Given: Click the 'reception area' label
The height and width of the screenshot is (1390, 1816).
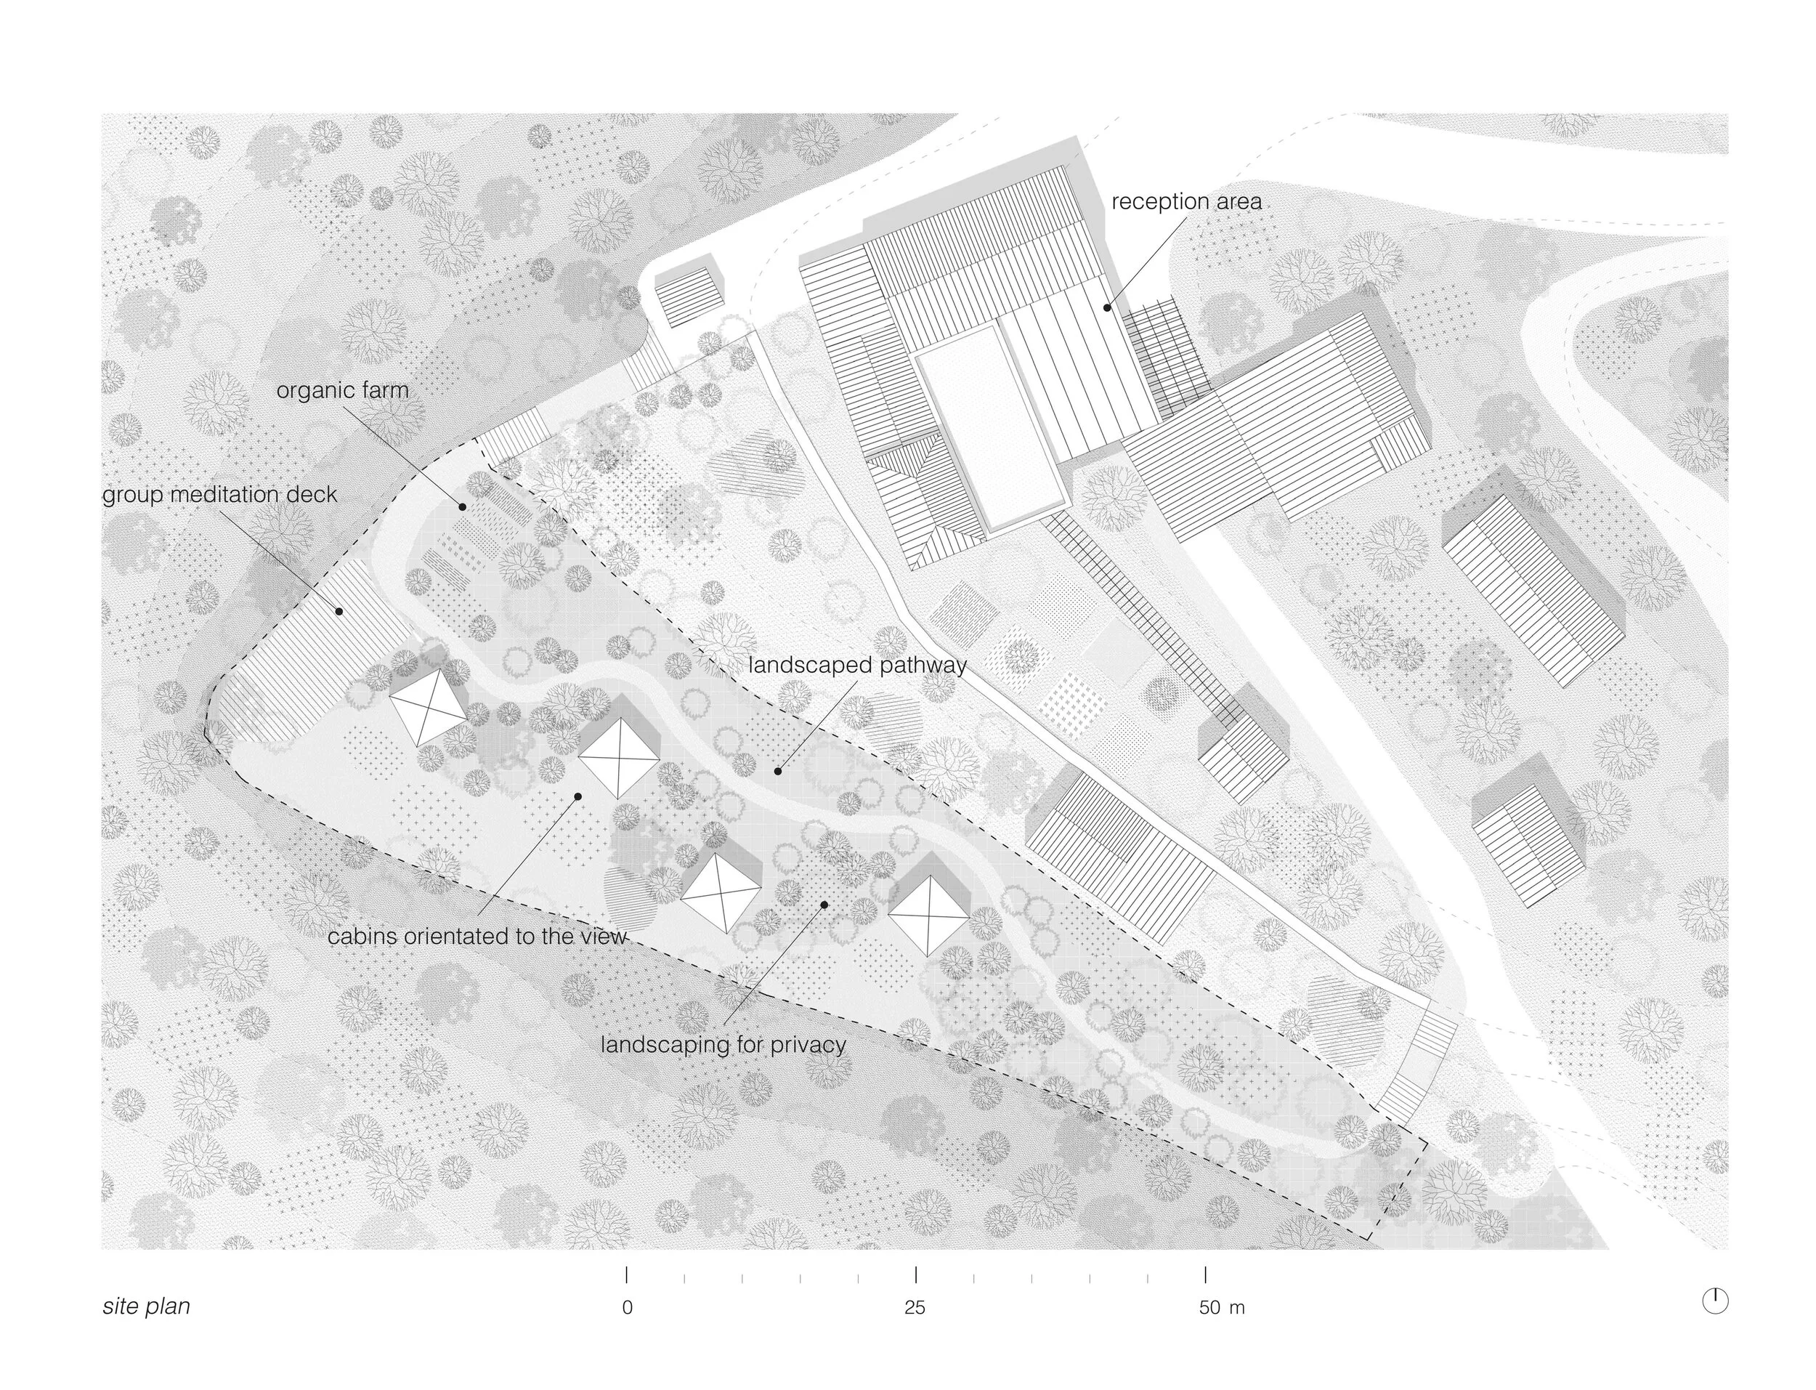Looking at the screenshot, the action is pyautogui.click(x=1186, y=202).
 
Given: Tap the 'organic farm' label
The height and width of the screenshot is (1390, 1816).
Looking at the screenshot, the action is pyautogui.click(x=342, y=390).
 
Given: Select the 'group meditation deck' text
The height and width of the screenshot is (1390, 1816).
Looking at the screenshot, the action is pyautogui.click(x=220, y=495).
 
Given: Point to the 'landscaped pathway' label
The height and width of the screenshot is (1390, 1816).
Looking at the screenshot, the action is pyautogui.click(x=856, y=666).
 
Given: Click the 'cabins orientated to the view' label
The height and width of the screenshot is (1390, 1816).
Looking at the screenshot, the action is pyautogui.click(x=477, y=937).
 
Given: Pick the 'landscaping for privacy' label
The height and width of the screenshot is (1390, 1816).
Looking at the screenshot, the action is pyautogui.click(x=723, y=1044).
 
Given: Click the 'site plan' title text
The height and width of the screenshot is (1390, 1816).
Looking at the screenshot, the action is pyautogui.click(x=147, y=1306).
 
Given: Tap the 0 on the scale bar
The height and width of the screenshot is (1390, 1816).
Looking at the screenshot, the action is pyautogui.click(x=628, y=1308).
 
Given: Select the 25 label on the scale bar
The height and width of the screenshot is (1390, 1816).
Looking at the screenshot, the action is pyautogui.click(x=915, y=1308).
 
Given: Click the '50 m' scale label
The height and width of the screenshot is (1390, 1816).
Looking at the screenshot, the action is pyautogui.click(x=1221, y=1308).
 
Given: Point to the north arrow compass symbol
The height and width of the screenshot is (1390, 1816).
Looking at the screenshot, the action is pyautogui.click(x=1715, y=1301).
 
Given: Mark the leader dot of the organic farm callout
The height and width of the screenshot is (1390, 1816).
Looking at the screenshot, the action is pyautogui.click(x=462, y=506).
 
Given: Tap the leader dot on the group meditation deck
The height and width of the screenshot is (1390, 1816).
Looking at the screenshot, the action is pyautogui.click(x=339, y=611).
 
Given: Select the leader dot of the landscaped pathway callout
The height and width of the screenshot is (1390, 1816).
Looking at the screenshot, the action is pyautogui.click(x=777, y=771).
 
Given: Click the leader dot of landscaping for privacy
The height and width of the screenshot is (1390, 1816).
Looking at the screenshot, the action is pyautogui.click(x=824, y=905).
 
